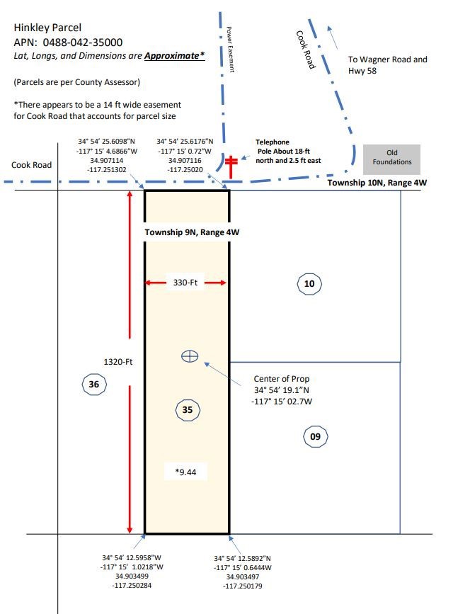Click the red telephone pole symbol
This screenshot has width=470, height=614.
[231, 167]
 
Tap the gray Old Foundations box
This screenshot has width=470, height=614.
[391, 159]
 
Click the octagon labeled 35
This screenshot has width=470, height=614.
[188, 409]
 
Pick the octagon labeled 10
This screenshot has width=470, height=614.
[309, 283]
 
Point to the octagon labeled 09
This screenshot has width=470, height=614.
[315, 436]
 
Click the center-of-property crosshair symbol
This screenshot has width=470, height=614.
[190, 356]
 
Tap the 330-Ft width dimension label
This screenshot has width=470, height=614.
[185, 283]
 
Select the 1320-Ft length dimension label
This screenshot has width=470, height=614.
[117, 362]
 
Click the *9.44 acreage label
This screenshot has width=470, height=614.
[185, 472]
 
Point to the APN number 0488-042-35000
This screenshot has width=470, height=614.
[83, 42]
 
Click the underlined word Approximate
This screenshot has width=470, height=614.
[172, 56]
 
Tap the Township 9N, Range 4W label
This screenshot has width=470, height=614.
[192, 232]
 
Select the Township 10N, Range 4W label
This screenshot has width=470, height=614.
[377, 183]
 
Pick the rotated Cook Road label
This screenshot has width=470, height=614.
[305, 50]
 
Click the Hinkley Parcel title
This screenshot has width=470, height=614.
[47, 28]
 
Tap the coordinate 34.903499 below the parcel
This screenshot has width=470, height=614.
[132, 576]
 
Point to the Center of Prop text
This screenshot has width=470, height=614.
[282, 379]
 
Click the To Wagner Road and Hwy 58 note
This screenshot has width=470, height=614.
[387, 65]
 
